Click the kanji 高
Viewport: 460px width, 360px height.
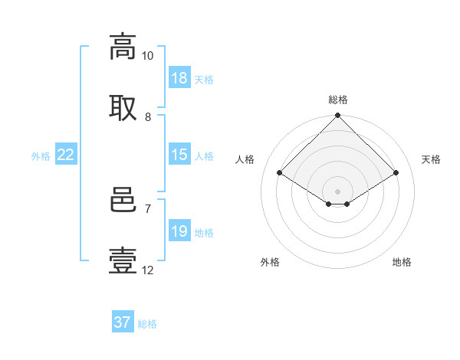click(123, 47)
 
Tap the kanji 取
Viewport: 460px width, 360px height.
click(123, 108)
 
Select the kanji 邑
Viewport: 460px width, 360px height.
click(123, 200)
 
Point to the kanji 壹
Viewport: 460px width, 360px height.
click(123, 260)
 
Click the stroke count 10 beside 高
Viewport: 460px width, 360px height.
click(147, 56)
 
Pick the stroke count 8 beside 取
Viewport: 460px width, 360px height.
click(148, 117)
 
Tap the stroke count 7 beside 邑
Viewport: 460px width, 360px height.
click(148, 209)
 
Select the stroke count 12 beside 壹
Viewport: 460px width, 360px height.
click(147, 270)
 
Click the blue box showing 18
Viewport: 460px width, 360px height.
click(179, 77)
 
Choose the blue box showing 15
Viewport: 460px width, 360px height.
click(179, 154)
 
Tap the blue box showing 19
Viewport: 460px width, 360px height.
click(179, 230)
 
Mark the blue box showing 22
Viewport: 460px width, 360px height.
click(66, 154)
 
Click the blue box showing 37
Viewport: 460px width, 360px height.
click(123, 321)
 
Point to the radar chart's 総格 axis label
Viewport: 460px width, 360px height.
click(338, 100)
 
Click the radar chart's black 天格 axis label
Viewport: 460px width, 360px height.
click(431, 159)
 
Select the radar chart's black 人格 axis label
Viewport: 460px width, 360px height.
click(245, 159)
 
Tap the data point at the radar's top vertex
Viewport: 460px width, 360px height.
click(337, 115)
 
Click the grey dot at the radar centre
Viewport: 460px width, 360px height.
click(337, 191)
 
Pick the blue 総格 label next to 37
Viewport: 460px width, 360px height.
click(147, 324)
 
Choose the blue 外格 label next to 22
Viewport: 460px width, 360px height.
click(41, 156)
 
